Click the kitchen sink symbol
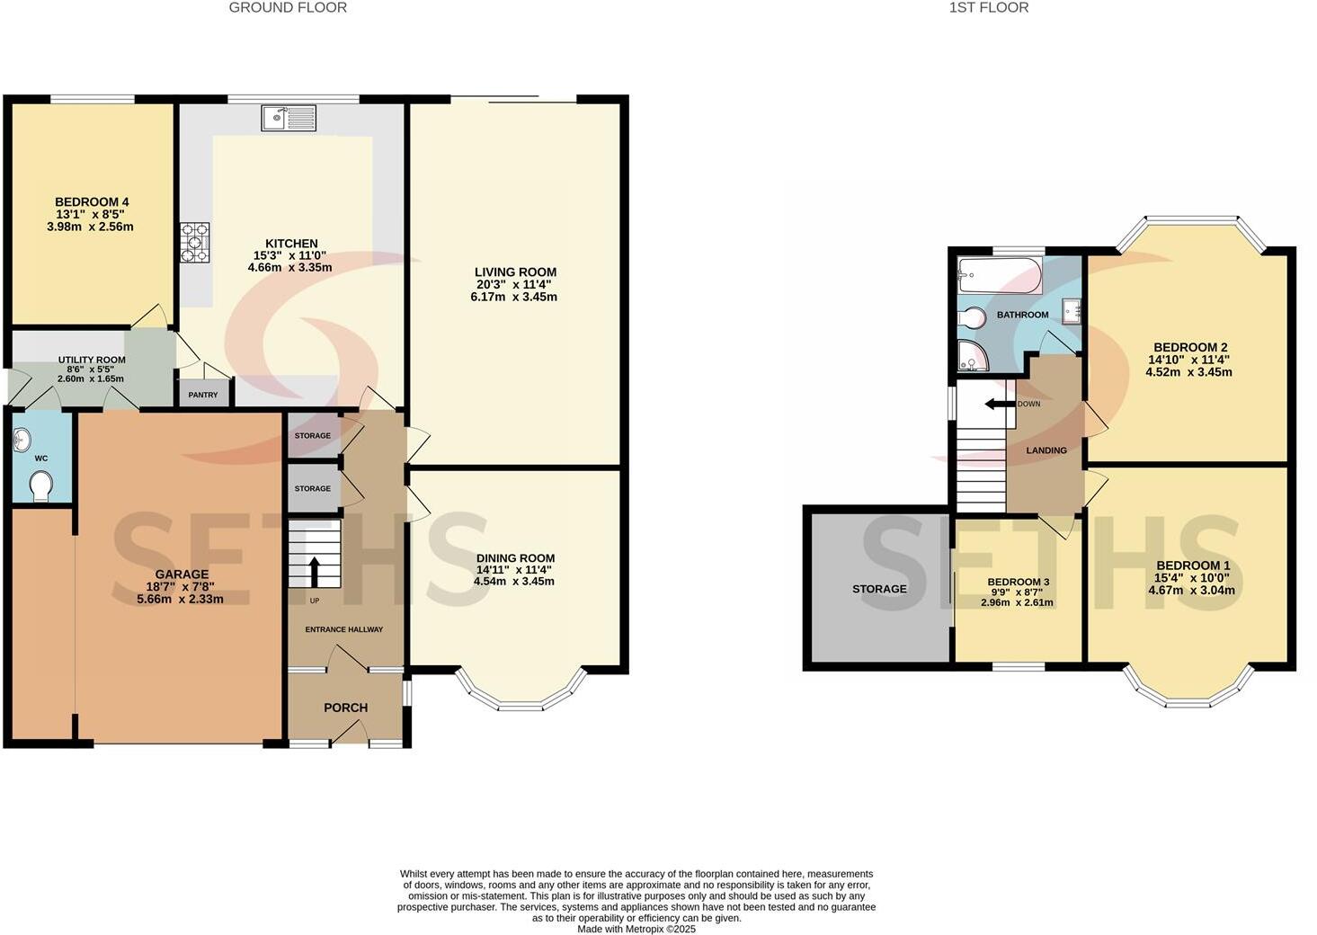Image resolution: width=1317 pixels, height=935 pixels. (x=289, y=118)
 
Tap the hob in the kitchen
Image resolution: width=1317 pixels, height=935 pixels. (x=194, y=243)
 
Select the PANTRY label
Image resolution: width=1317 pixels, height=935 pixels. (x=203, y=395)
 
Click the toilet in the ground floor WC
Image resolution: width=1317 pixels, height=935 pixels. (x=40, y=487)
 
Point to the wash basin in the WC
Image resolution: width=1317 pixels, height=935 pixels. (x=22, y=440)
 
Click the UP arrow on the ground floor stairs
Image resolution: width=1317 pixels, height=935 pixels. (x=314, y=570)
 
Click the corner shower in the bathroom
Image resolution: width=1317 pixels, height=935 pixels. (x=971, y=355)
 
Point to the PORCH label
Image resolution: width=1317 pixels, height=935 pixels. (x=345, y=708)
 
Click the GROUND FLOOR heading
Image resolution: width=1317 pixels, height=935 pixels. (x=288, y=8)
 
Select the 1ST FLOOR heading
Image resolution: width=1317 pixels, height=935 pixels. (x=989, y=8)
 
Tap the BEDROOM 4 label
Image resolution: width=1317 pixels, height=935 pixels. (x=92, y=202)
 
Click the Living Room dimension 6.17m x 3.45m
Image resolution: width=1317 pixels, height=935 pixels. (x=514, y=297)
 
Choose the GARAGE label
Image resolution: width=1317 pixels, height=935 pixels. (x=182, y=574)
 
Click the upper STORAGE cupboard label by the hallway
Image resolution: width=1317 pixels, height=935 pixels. (x=313, y=436)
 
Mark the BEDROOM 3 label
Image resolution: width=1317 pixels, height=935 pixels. (x=1018, y=583)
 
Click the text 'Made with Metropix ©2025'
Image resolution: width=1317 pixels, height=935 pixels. (x=636, y=929)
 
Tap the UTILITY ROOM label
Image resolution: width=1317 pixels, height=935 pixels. (x=92, y=360)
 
